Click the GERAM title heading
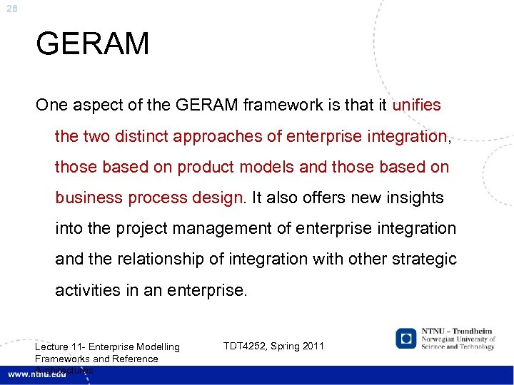(93, 43)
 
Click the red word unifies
(416, 106)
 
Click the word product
(210, 167)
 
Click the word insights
(412, 197)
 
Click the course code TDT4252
(249, 346)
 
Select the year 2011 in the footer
(313, 346)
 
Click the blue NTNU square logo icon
(407, 338)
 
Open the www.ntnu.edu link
(36, 374)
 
